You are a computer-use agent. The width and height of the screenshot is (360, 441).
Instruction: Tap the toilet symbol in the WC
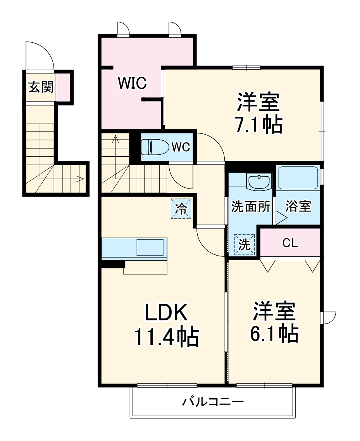click(154, 147)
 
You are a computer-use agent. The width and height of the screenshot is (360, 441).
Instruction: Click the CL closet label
click(290, 243)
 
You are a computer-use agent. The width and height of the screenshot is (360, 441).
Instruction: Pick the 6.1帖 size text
click(276, 332)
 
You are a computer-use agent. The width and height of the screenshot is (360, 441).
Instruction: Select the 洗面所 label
click(251, 207)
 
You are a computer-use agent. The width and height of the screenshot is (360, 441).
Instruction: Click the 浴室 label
click(298, 207)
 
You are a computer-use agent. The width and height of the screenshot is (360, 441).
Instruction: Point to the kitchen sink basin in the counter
click(149, 247)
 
